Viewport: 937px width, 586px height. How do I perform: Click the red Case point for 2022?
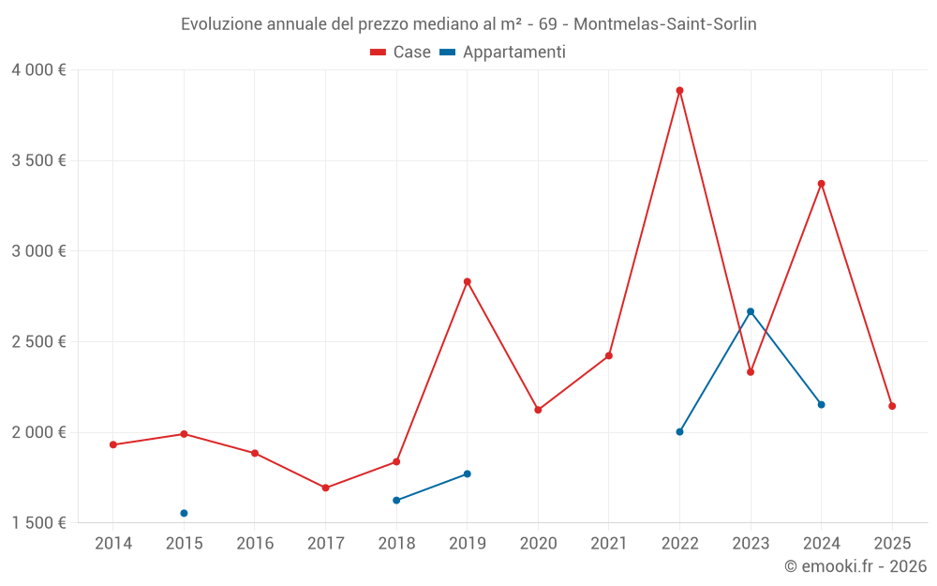click(679, 91)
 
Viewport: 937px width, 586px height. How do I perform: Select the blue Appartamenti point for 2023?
click(751, 311)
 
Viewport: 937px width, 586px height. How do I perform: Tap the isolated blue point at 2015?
click(184, 513)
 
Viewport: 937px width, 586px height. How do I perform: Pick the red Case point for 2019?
click(467, 281)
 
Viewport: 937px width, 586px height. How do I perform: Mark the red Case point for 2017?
click(325, 488)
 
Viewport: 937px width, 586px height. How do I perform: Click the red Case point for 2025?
click(892, 406)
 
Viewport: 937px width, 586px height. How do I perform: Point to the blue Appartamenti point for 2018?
click(396, 500)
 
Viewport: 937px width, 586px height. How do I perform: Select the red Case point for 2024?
click(821, 184)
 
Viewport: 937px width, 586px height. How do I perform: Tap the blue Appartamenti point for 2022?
click(679, 431)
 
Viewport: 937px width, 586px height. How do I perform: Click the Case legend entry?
click(401, 53)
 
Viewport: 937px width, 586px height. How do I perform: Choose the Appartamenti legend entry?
click(503, 53)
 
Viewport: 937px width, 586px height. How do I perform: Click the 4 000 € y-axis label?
click(38, 70)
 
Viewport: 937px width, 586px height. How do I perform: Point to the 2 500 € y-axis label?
click(38, 341)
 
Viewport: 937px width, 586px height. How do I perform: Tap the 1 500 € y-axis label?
click(38, 522)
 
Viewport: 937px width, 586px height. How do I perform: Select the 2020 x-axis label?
click(538, 543)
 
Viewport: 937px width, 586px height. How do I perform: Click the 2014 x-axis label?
click(113, 543)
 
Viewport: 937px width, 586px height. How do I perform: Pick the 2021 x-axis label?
click(609, 543)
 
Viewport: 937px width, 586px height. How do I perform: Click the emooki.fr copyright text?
click(855, 566)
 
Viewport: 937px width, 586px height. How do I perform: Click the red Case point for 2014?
click(113, 444)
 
